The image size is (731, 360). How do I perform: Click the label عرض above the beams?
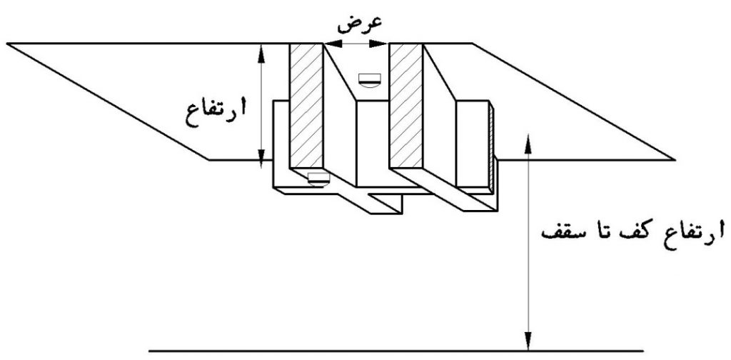360,25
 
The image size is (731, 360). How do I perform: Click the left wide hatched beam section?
306,106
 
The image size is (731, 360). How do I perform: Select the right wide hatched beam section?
406,106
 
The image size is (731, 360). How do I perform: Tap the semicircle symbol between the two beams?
370,80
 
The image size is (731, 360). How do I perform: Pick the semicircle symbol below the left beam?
318,179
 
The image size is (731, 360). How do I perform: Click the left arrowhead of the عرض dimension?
331,44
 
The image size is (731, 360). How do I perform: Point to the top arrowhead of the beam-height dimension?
262,52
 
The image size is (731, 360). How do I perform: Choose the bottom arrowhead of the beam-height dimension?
262,151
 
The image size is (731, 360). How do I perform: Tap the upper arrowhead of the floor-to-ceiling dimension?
528,144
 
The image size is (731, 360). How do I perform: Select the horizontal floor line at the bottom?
396,350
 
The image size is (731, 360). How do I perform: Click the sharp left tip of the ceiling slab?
7,44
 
